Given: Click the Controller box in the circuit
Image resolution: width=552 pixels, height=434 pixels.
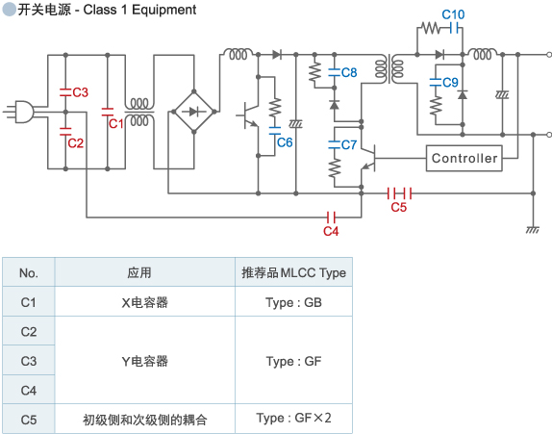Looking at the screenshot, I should (x=464, y=158).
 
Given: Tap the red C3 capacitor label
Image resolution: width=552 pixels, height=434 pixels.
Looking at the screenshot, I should (x=81, y=92).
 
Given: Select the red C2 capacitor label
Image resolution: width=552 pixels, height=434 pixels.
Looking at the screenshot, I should (x=76, y=143).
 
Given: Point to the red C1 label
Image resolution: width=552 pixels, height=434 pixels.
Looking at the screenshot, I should (x=115, y=123).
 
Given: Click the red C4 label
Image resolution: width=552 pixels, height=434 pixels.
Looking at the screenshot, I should (x=331, y=232).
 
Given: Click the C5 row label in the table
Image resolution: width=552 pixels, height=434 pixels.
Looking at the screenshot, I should (x=29, y=419).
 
